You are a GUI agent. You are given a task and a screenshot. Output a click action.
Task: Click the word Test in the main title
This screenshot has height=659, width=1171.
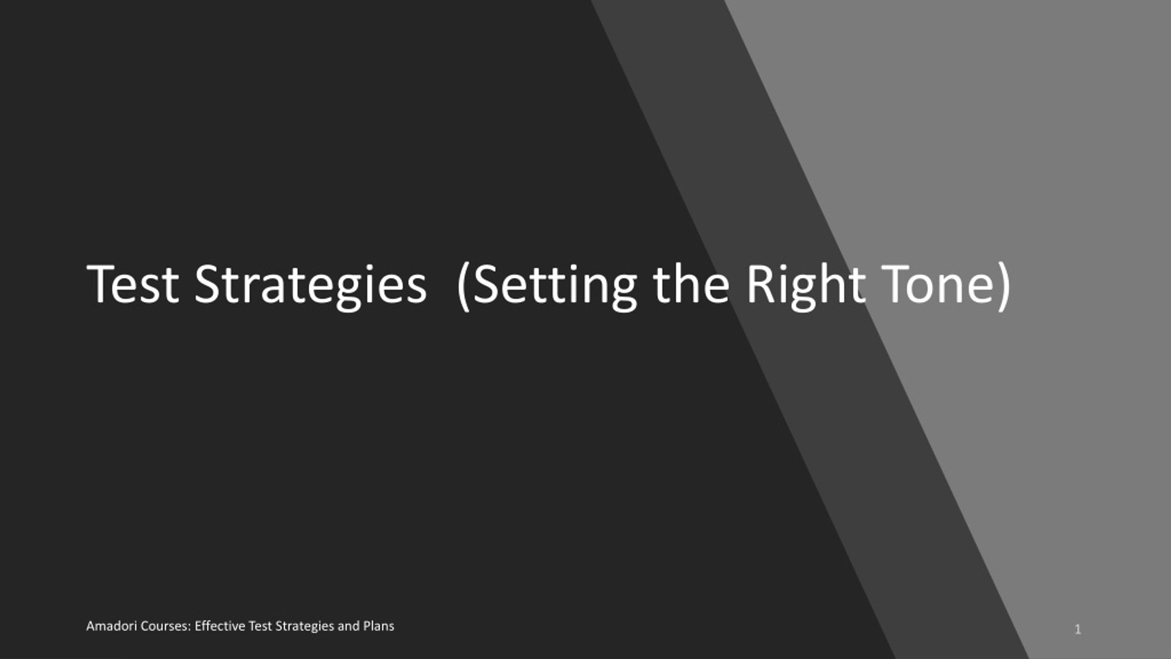tap(133, 284)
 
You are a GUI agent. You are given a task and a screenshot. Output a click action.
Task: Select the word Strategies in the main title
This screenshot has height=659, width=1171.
tap(311, 287)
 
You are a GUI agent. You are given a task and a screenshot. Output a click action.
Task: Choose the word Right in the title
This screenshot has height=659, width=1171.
tap(806, 286)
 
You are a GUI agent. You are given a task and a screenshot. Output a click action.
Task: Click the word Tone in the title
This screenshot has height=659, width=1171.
tap(937, 284)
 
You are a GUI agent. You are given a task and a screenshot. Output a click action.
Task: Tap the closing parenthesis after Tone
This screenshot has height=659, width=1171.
tap(1004, 286)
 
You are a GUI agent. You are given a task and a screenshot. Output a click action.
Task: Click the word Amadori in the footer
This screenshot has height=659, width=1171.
tap(112, 626)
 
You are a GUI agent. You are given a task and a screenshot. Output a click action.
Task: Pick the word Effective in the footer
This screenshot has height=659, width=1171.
tap(220, 626)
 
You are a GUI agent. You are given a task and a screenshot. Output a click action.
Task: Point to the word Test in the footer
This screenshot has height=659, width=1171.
tap(261, 626)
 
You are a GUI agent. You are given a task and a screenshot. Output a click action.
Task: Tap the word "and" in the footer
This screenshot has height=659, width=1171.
tap(349, 626)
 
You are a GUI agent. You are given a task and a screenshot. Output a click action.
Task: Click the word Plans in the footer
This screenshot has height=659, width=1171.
tap(379, 626)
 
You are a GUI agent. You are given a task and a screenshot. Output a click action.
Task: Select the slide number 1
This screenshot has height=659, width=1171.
tap(1078, 630)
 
